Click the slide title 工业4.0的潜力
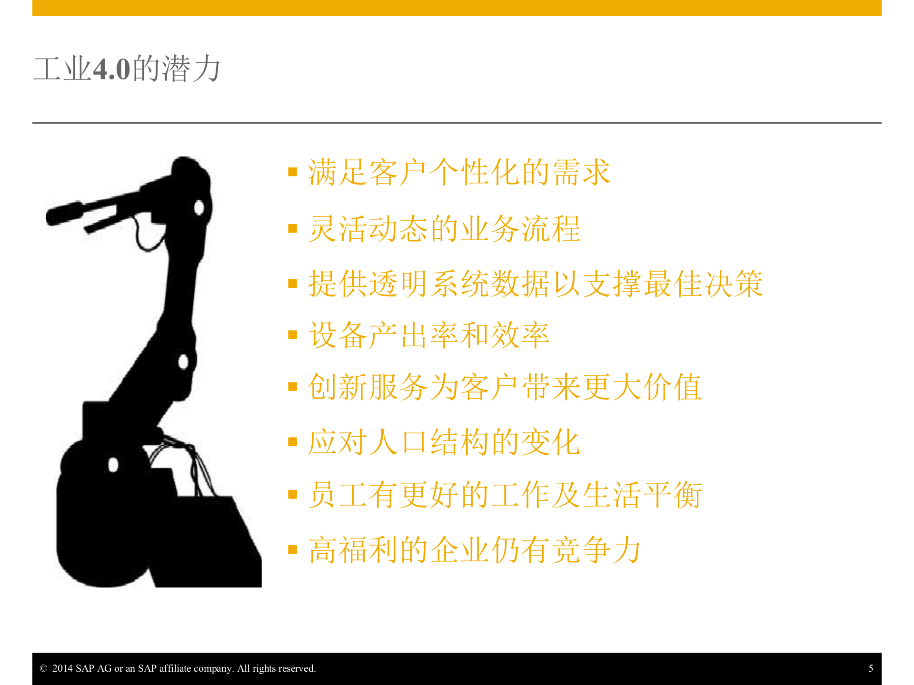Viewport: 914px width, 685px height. [127, 69]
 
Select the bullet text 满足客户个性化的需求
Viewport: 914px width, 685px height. [459, 172]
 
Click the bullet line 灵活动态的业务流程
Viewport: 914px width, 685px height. [444, 229]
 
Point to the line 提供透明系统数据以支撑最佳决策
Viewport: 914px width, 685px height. [536, 284]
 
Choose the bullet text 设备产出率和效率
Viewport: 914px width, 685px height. [429, 335]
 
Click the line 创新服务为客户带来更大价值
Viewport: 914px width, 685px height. [505, 387]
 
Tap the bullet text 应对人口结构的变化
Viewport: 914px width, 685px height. [444, 442]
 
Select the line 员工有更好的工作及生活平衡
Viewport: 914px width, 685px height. [505, 495]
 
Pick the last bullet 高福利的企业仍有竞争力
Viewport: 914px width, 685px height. [475, 550]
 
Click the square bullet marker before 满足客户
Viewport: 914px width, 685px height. [293, 172]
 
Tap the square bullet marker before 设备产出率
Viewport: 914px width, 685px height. [293, 335]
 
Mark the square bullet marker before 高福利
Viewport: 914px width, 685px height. [293, 550]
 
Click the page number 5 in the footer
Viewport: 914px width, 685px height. [871, 668]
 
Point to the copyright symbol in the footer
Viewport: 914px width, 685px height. [43, 668]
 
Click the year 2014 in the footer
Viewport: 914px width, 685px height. [62, 668]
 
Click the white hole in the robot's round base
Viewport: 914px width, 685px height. [113, 465]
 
